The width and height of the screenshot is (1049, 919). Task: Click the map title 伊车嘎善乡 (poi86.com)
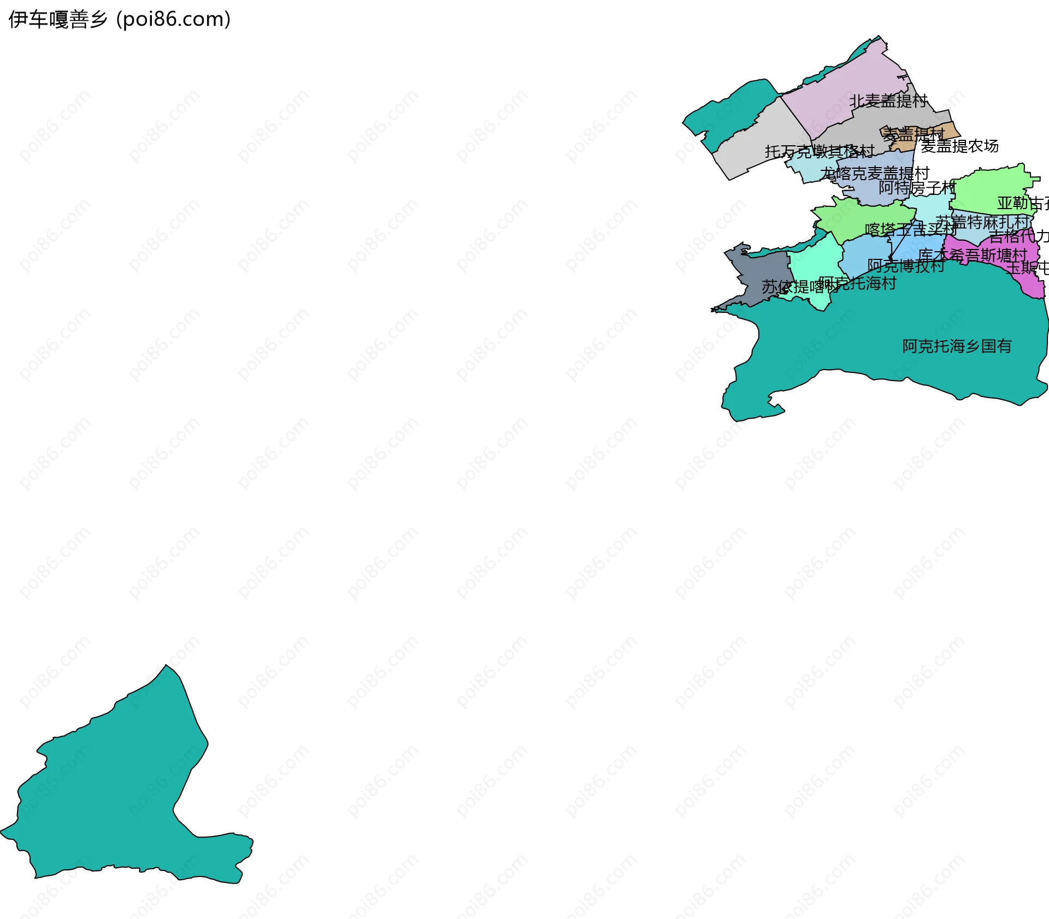(119, 20)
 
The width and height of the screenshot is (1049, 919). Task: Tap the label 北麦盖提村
(888, 101)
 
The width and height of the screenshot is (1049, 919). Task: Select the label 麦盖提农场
(960, 146)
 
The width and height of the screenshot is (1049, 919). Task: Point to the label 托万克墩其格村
(820, 152)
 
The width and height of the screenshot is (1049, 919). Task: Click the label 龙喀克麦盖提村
(875, 174)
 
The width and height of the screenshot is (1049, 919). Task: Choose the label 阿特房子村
(917, 188)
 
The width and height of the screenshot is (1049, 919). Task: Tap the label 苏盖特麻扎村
(982, 222)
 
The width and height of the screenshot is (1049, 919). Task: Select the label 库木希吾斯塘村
(973, 255)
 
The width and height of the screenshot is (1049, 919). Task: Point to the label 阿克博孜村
(906, 266)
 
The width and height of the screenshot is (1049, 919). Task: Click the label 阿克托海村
(858, 283)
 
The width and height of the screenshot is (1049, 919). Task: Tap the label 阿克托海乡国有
(957, 346)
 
